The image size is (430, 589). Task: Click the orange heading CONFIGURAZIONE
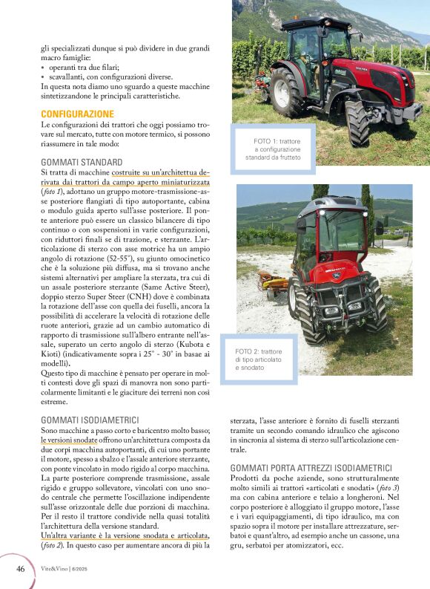77,114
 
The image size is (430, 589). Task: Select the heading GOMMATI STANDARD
82,162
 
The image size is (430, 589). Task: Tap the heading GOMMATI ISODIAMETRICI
90,420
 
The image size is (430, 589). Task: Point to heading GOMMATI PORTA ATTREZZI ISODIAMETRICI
311,468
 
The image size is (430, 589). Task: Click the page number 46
21,568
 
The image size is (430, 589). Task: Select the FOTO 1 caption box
273,149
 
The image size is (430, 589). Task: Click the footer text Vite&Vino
57,569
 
